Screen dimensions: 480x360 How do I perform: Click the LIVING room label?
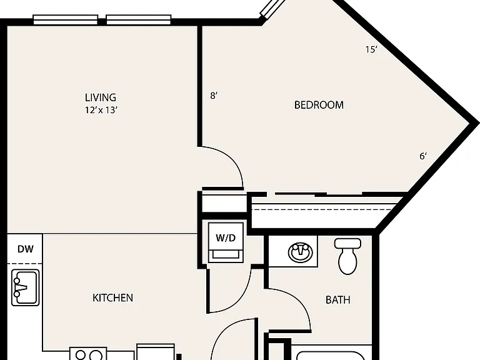101,97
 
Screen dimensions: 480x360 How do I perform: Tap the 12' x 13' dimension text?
101,110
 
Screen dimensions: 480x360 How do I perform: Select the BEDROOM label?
319,105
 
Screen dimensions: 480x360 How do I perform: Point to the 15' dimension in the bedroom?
371,49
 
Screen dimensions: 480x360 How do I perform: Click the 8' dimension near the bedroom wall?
214,96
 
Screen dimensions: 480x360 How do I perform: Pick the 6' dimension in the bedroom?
423,156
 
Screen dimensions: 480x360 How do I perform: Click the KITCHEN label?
113,298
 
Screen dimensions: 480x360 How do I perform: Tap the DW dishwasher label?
26,249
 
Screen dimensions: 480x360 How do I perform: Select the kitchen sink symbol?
26,287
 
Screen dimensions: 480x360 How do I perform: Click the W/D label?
226,238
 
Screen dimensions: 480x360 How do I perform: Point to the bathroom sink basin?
301,252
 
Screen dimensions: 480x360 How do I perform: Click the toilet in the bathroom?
347,256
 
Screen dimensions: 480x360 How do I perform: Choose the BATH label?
338,300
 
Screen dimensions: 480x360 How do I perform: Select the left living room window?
65,19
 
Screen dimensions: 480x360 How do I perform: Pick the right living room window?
139,19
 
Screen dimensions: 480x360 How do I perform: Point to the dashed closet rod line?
321,210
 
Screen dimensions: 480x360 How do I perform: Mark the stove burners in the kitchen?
89,355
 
